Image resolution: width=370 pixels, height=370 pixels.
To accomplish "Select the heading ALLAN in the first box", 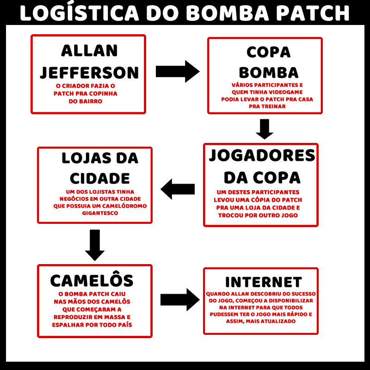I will coord(89,50).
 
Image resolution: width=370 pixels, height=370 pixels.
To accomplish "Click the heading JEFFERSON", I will coord(89,73).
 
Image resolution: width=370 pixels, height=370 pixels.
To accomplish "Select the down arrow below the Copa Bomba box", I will coord(265,129).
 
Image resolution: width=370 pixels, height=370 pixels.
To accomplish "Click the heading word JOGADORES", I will coord(262,156).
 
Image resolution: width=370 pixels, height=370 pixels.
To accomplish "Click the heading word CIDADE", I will coord(100,179).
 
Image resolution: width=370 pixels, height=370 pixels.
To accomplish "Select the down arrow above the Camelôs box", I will coord(95,245).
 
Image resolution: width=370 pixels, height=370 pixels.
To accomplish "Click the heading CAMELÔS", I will coord(92,280).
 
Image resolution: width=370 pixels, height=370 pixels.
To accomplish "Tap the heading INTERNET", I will coord(263,282).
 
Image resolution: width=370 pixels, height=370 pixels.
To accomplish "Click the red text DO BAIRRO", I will coord(85,101).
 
